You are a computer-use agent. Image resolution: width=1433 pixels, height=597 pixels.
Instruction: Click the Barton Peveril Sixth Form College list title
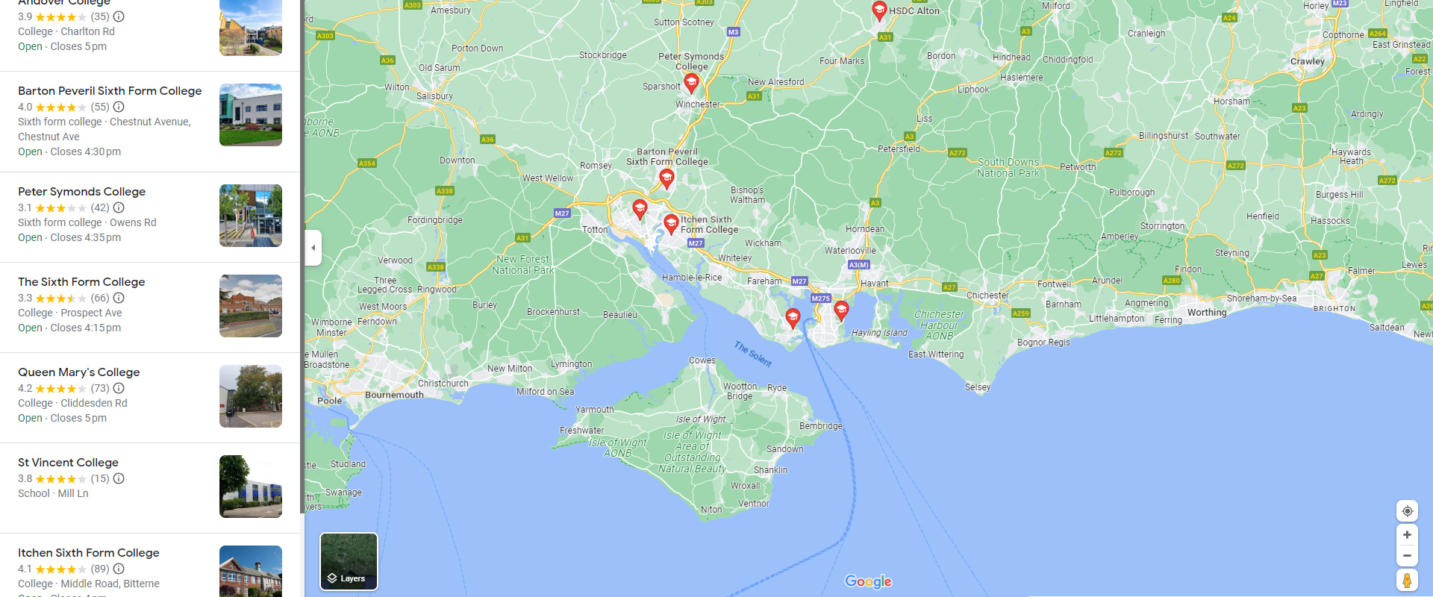(110, 91)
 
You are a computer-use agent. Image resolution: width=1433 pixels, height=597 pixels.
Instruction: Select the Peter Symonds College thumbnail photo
(251, 216)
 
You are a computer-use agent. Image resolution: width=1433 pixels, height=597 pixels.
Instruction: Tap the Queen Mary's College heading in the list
(79, 372)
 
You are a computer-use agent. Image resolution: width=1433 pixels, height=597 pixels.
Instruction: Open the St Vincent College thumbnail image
(251, 487)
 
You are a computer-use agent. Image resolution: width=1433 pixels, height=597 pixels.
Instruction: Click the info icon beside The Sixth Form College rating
(119, 298)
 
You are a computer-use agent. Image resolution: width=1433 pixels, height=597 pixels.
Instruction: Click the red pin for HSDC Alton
(879, 10)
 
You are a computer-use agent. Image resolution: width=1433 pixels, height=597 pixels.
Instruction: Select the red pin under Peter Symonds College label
(691, 82)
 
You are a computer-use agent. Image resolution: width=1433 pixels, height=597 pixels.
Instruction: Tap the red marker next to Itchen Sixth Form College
(671, 223)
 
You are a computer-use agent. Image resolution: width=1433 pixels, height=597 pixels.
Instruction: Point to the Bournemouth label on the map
(394, 395)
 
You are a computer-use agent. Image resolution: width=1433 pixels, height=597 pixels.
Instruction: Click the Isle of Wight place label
(701, 419)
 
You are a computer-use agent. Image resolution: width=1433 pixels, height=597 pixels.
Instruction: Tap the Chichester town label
(987, 296)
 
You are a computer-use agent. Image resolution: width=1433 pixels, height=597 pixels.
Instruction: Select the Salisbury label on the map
(434, 96)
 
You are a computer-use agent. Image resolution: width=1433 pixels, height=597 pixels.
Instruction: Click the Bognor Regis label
(1043, 343)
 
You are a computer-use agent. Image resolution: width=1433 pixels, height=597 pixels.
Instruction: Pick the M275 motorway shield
(820, 298)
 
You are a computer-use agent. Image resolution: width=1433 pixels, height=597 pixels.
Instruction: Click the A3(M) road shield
(858, 265)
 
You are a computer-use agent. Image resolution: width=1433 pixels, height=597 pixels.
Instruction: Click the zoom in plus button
(1407, 535)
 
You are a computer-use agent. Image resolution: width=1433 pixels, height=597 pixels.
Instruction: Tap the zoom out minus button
(1407, 555)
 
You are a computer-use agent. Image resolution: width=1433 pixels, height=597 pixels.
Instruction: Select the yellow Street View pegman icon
(1407, 580)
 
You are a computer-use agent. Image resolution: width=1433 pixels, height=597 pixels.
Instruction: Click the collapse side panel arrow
(313, 248)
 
